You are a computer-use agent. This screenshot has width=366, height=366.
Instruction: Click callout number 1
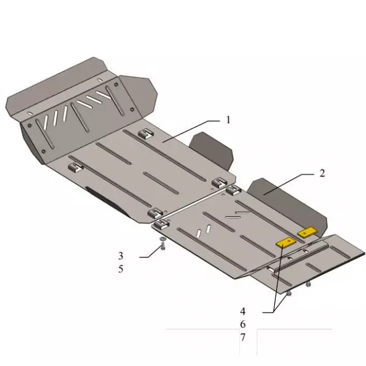pyautogui.click(x=229, y=120)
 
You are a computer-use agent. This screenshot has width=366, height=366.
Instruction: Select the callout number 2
pyautogui.click(x=322, y=173)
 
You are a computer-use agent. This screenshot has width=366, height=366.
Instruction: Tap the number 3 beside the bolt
pyautogui.click(x=121, y=256)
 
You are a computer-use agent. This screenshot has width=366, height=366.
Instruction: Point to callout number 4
pyautogui.click(x=242, y=311)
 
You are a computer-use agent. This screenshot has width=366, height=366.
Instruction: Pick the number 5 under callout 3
pyautogui.click(x=121, y=269)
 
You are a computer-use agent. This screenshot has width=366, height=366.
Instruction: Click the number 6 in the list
pyautogui.click(x=242, y=324)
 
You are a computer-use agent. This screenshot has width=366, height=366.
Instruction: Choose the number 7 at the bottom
pyautogui.click(x=242, y=336)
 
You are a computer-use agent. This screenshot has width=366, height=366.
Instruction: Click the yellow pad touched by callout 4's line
pyautogui.click(x=286, y=242)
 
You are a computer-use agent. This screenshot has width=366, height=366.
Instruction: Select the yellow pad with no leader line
pyautogui.click(x=306, y=232)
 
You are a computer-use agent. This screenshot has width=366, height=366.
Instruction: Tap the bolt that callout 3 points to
pyautogui.click(x=163, y=247)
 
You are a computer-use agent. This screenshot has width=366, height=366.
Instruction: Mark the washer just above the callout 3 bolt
pyautogui.click(x=162, y=238)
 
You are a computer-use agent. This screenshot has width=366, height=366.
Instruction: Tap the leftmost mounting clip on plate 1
pyautogui.click(x=75, y=168)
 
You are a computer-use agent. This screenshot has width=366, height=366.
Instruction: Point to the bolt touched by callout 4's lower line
pyautogui.click(x=288, y=294)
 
